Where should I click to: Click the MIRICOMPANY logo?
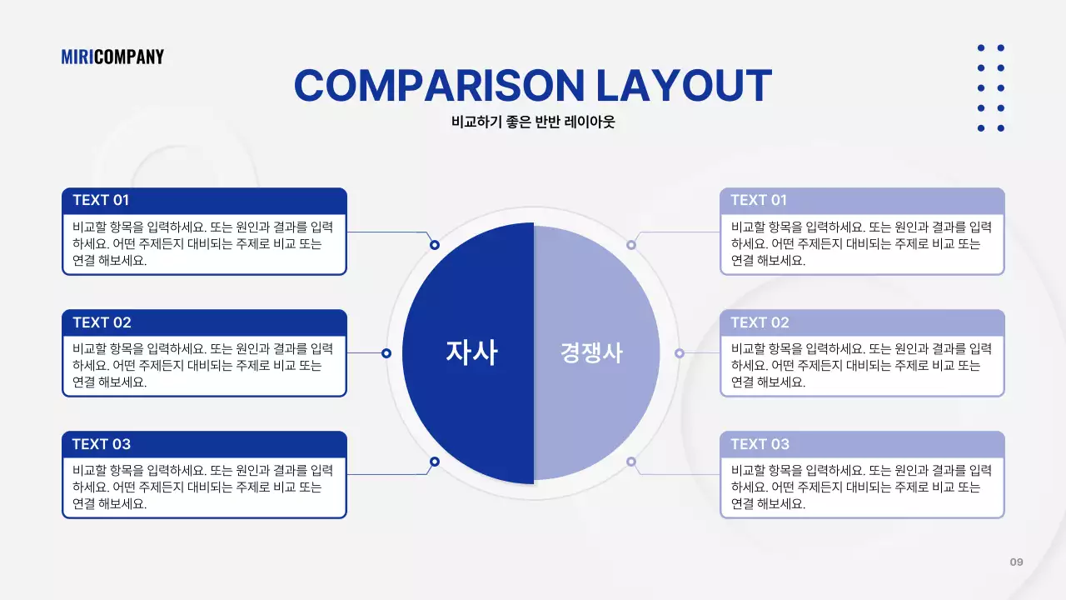pos(112,57)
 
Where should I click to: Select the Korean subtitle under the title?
pos(533,122)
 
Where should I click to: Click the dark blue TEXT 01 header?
pos(204,200)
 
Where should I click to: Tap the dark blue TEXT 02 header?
pos(204,322)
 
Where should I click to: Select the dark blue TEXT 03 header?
pos(204,444)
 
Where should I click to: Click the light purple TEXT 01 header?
pos(862,200)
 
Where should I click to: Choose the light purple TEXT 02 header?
pos(862,322)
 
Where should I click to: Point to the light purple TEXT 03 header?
pos(862,444)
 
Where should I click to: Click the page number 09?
pos(1016,562)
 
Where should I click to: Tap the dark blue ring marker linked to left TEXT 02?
pos(386,353)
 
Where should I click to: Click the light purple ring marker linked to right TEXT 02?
pos(680,353)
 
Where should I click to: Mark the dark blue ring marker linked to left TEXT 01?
pos(435,245)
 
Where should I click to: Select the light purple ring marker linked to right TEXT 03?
pos(631,462)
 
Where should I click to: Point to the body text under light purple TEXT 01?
pos(861,243)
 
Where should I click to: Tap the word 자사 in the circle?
pos(471,352)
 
